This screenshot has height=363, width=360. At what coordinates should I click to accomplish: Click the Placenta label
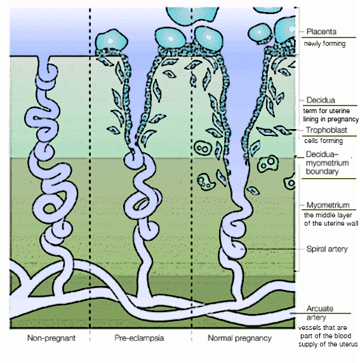pyautogui.click(x=321, y=32)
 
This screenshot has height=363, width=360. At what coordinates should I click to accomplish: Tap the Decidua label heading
pyautogui.click(x=321, y=100)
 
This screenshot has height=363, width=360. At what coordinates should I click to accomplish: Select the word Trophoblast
pyautogui.click(x=326, y=130)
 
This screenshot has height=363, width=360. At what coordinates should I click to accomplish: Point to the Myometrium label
pyautogui.click(x=328, y=205)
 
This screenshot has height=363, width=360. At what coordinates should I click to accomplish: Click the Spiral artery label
pyautogui.click(x=327, y=249)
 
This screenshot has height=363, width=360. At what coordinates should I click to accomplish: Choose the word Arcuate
pyautogui.click(x=320, y=308)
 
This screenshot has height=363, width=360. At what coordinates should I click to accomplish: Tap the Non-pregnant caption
pyautogui.click(x=51, y=338)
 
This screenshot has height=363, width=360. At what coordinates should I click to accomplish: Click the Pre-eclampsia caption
pyautogui.click(x=139, y=338)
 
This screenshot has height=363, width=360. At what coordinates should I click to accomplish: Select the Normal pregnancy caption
pyautogui.click(x=239, y=338)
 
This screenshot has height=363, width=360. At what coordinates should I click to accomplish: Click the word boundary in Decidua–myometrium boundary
pyautogui.click(x=322, y=172)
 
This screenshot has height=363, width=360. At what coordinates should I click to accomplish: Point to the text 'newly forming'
pyautogui.click(x=324, y=44)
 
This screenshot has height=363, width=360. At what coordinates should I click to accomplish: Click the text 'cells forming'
pyautogui.click(x=323, y=140)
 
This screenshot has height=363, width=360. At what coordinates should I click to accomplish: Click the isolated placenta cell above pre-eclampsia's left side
pyautogui.click(x=112, y=40)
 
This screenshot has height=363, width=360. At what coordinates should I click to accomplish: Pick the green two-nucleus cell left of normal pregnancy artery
pyautogui.click(x=203, y=148)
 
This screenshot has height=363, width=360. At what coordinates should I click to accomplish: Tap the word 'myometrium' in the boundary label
pyautogui.click(x=327, y=163)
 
